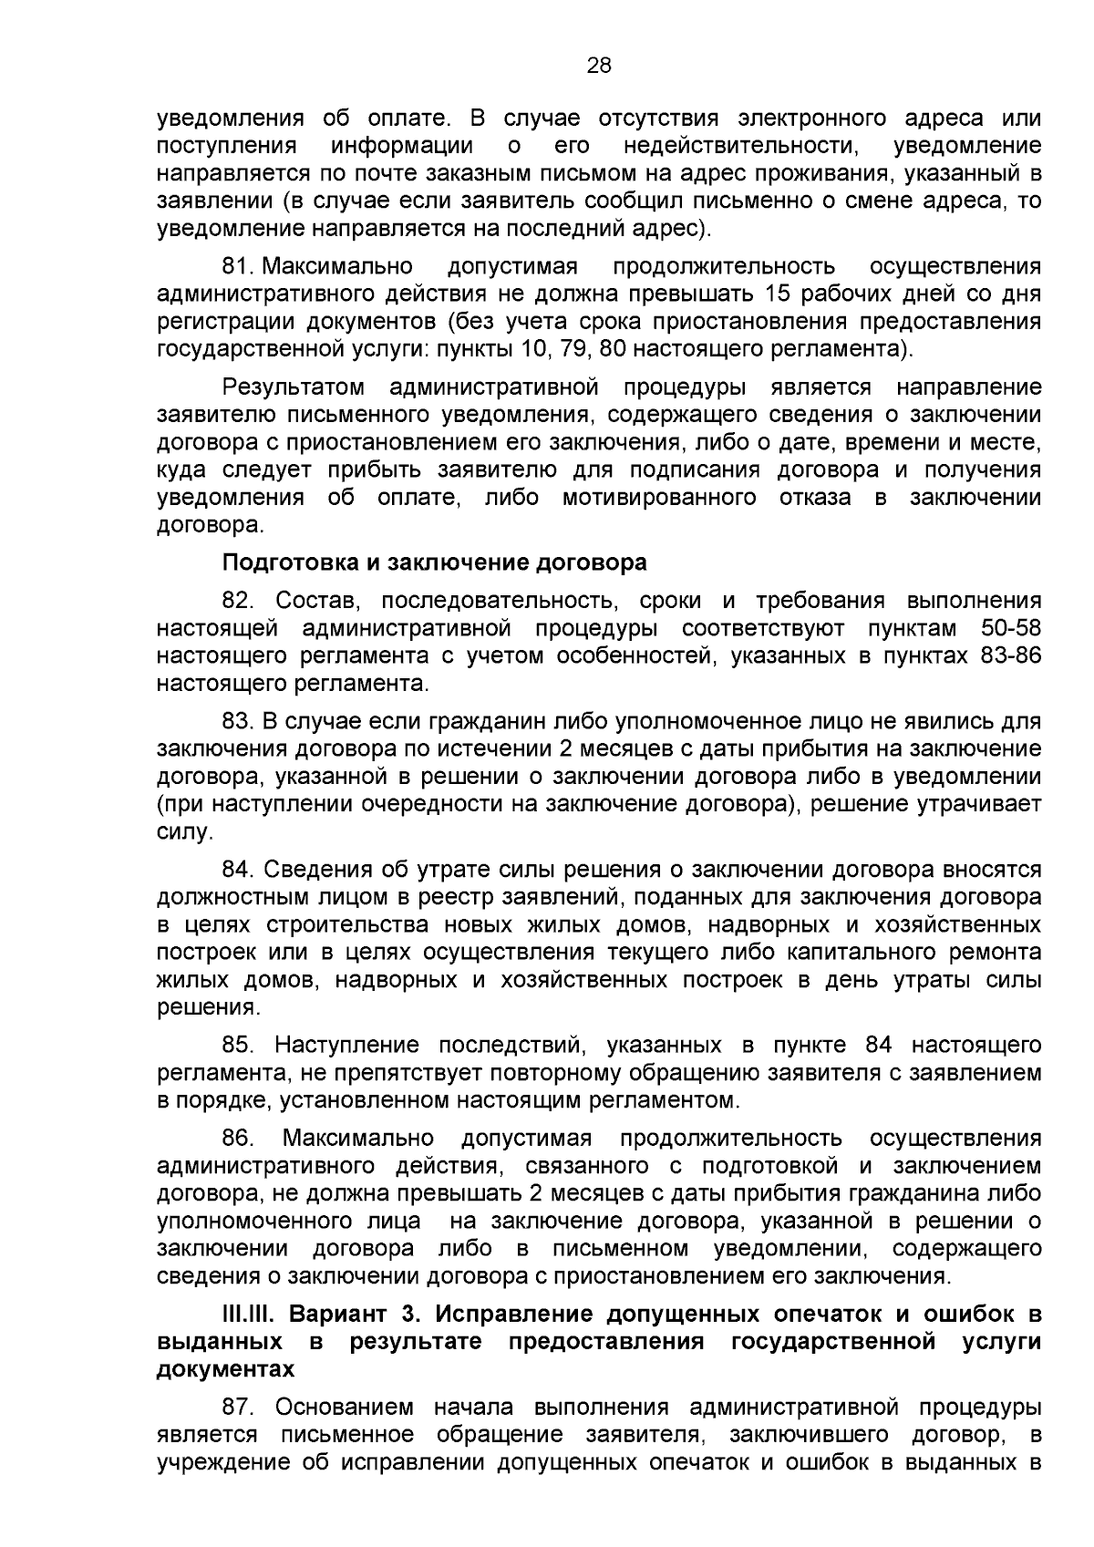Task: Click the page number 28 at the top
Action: (x=599, y=65)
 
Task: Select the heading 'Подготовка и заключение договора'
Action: (x=435, y=562)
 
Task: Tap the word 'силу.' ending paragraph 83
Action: (x=185, y=831)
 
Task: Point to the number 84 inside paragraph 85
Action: (x=879, y=1045)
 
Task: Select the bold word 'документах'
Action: (x=226, y=1369)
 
